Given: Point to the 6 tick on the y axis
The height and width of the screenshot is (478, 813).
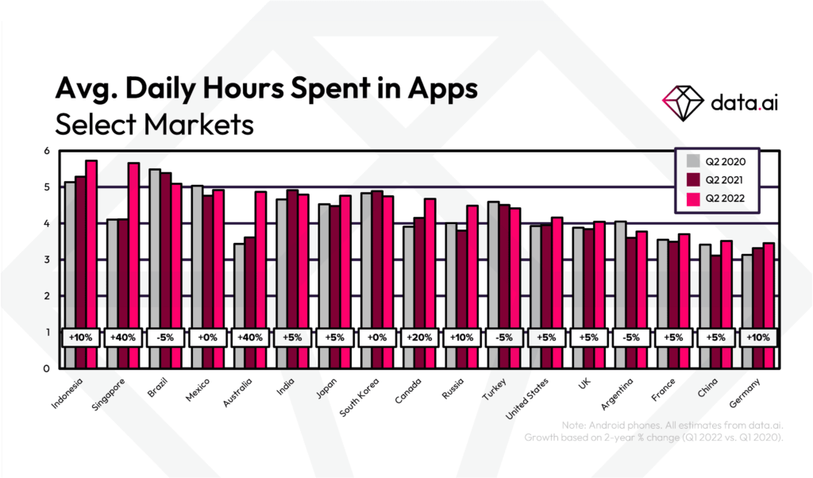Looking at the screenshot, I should point(46,151).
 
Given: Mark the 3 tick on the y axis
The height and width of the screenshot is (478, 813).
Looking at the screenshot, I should point(46,260).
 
